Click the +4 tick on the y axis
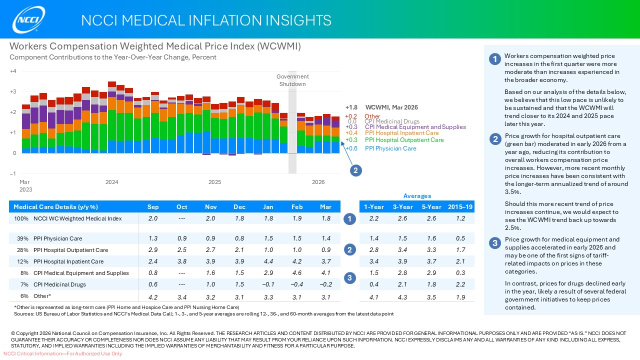tap(13, 71)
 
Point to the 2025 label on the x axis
tap(215, 182)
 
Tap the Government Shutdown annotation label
tap(292, 80)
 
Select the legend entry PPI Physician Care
tap(390, 148)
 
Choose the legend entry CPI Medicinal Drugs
tap(391, 121)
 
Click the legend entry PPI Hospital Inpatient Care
tap(401, 133)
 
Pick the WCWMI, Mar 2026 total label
tap(391, 107)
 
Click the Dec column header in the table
tap(239, 207)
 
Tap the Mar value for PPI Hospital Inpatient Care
tap(325, 261)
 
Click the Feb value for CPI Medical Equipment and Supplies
tap(297, 273)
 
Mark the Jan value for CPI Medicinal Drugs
tap(268, 284)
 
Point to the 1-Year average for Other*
tap(374, 296)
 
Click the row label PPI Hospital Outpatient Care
tap(70, 250)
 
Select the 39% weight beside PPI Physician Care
tap(22, 238)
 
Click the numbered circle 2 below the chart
tap(355, 170)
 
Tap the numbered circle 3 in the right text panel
tap(494, 243)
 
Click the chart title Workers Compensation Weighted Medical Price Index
tap(155, 46)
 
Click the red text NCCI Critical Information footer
tap(62, 354)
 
